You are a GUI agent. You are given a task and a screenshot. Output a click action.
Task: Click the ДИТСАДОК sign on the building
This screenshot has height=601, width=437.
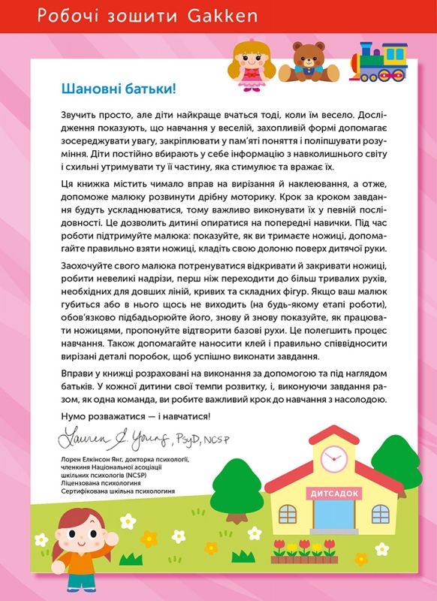pyautogui.click(x=330, y=491)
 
